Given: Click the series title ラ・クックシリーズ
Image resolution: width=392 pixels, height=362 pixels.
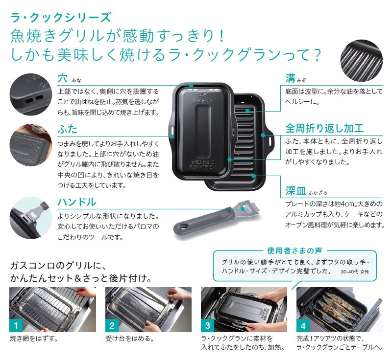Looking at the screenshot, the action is pos(61,18).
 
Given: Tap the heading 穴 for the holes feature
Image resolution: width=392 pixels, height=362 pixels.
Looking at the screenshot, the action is pos(63,78).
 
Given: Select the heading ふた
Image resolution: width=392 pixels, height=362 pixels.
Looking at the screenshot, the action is pos(68,129).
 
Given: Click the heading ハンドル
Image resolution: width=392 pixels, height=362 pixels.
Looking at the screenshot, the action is pos(77,202).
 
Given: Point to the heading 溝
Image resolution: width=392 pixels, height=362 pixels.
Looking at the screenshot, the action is pos(291,78).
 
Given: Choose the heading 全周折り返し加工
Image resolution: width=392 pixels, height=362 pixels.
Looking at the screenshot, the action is pos(324,128).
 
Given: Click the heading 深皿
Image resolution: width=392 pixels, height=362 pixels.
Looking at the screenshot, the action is pos(296,191).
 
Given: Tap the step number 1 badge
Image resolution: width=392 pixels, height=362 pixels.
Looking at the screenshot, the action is pos(16,325).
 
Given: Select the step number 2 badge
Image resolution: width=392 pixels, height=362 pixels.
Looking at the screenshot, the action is pos(112,325).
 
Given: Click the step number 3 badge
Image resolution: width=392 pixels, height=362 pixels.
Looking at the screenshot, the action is pos(207,325).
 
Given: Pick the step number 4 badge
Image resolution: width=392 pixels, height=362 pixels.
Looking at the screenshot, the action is pos(303,325).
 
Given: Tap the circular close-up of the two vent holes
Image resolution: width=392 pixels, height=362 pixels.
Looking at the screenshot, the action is pos(31,94).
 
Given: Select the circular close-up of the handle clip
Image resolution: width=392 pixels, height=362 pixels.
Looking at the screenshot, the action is pos(31,218).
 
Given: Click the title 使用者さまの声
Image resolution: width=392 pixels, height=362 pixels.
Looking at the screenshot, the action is pos(294,250).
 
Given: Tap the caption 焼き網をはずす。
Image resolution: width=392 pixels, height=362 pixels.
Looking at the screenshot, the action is pos(34,339).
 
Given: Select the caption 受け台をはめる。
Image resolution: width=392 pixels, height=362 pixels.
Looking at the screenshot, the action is pos(129,339).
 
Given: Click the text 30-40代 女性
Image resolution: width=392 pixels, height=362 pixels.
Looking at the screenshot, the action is pos(355,271).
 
